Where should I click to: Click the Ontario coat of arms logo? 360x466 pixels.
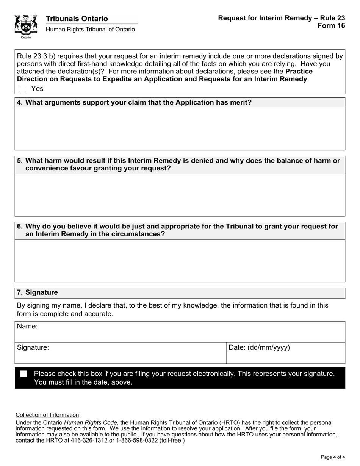point(26,26)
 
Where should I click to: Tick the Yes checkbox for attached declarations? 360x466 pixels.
point(22,89)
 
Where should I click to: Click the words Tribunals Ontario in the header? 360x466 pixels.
point(77,19)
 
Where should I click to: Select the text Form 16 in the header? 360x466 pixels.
point(332,26)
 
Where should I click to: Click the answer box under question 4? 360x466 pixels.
point(180,129)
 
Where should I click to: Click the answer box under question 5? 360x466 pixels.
point(180,195)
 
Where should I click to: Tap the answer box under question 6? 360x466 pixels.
point(180,261)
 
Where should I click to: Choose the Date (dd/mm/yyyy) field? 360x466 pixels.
point(286,354)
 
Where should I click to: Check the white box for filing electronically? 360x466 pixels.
point(24,374)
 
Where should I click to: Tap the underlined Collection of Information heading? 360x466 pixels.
point(48,415)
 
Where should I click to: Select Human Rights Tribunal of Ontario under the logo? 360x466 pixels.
point(90,30)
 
